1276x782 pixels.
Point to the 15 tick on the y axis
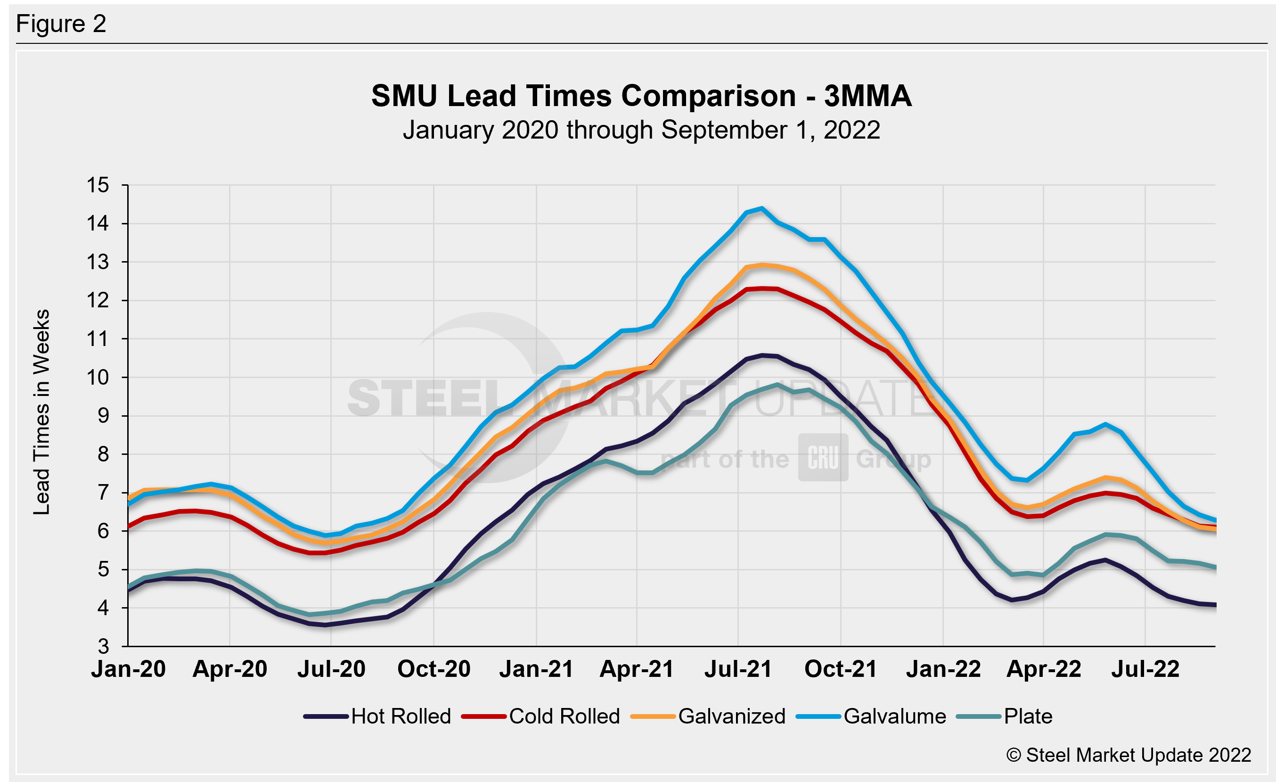pyautogui.click(x=98, y=185)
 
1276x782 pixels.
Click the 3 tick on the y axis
pyautogui.click(x=104, y=646)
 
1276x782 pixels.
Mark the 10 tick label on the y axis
pyautogui.click(x=98, y=378)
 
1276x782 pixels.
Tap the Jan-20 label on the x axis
pyautogui.click(x=129, y=669)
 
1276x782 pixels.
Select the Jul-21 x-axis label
pyautogui.click(x=738, y=669)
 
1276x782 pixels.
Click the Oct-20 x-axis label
pyautogui.click(x=434, y=669)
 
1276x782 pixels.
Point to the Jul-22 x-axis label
pyautogui.click(x=1145, y=669)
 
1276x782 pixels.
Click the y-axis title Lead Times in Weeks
pyautogui.click(x=41, y=412)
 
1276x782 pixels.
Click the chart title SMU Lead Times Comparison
pyautogui.click(x=641, y=96)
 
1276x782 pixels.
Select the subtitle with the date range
pyautogui.click(x=641, y=130)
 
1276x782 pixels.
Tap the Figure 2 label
pyautogui.click(x=61, y=24)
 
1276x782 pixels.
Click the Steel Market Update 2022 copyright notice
pyautogui.click(x=1129, y=755)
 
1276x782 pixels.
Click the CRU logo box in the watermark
pyautogui.click(x=823, y=458)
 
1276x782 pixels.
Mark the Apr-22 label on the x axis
pyautogui.click(x=1044, y=669)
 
